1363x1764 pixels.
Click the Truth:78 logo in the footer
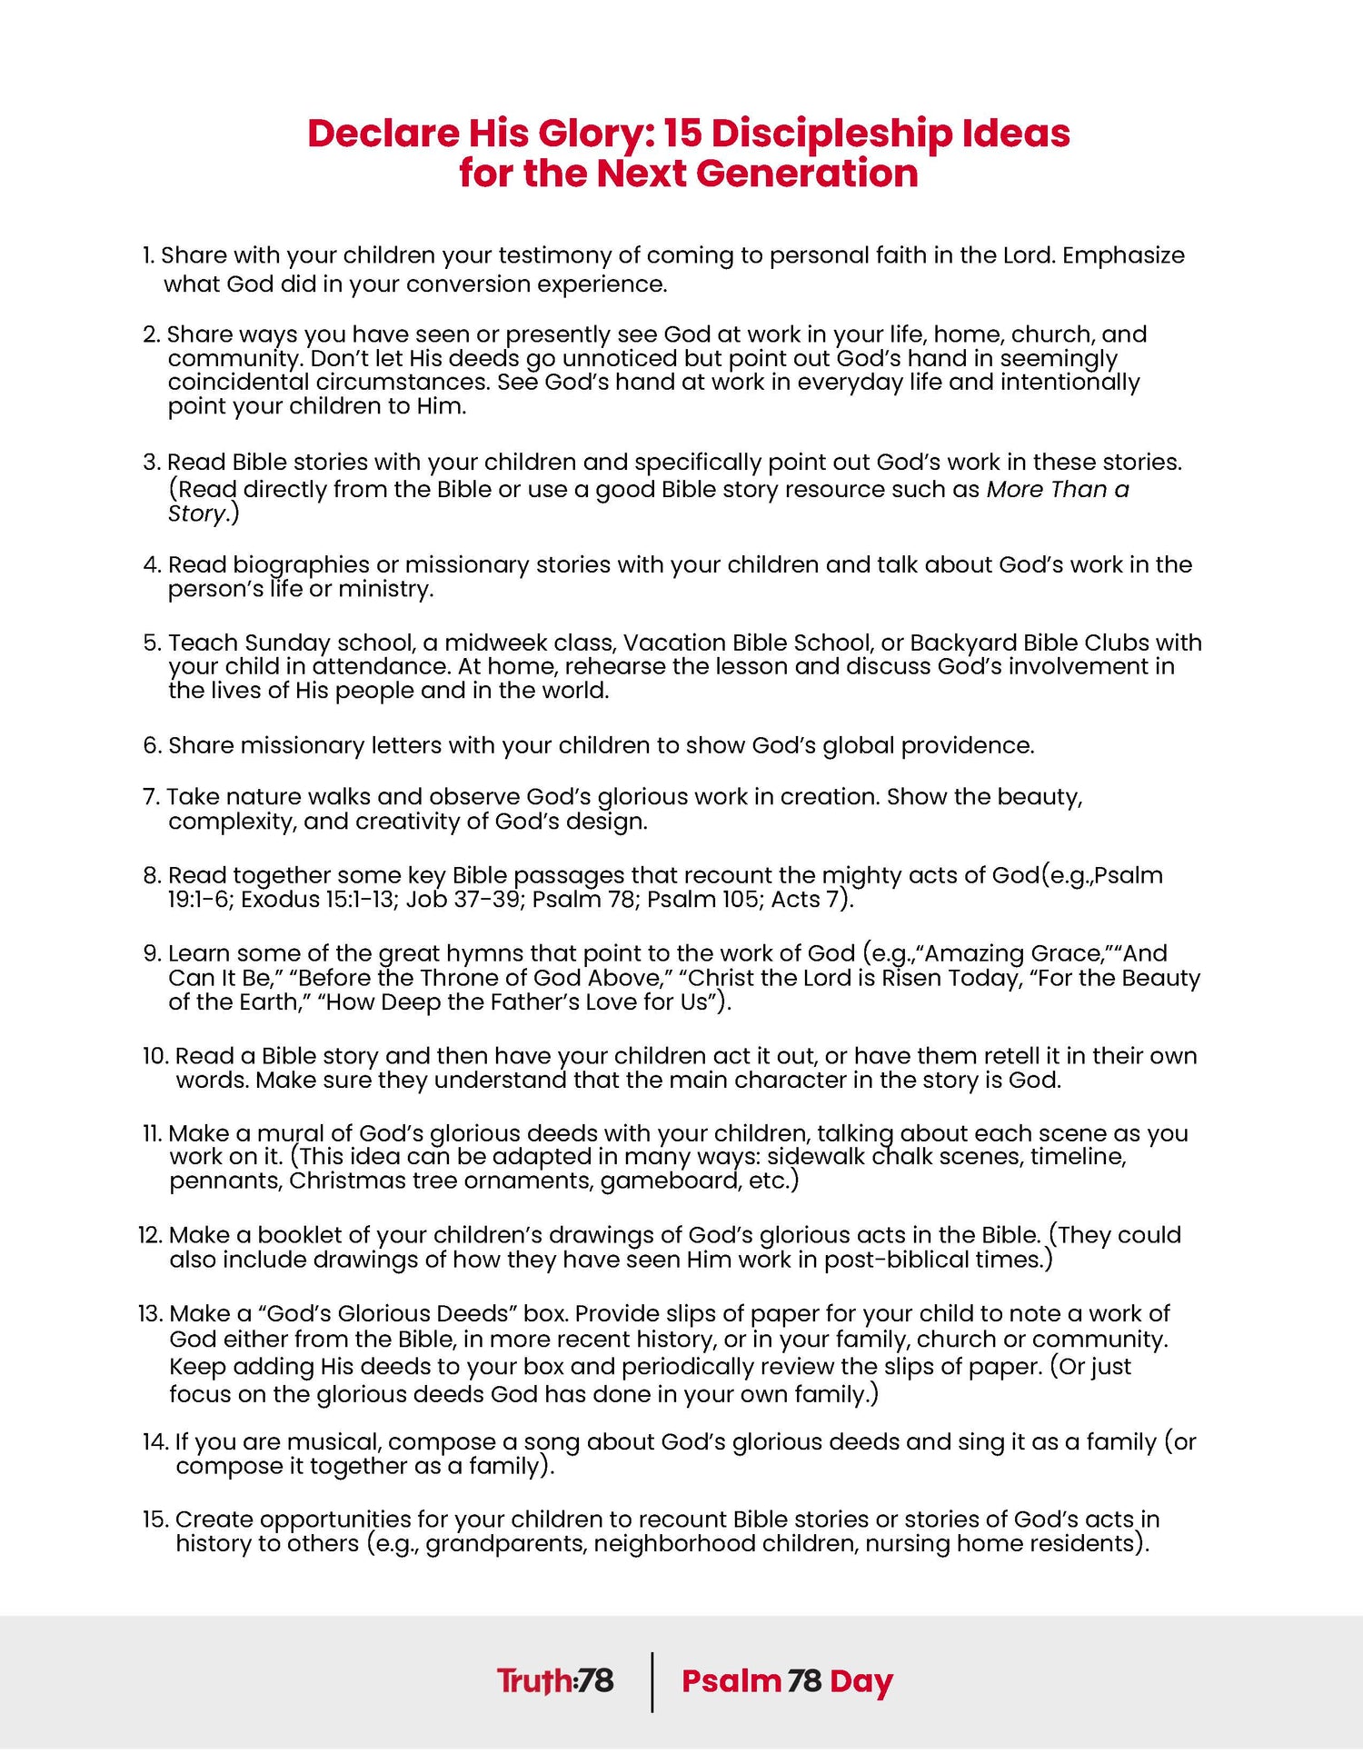tap(555, 1681)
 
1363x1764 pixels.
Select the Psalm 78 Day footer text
tap(787, 1681)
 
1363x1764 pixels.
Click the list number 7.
tap(151, 797)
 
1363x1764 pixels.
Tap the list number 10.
tap(155, 1056)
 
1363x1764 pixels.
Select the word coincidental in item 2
tap(238, 383)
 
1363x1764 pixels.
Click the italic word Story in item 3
tap(195, 514)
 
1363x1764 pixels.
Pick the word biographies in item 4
tap(299, 565)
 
